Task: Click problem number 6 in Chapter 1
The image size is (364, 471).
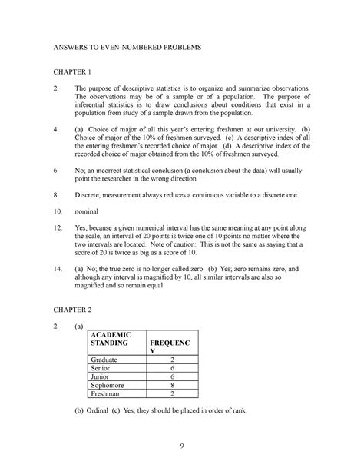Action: point(55,169)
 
